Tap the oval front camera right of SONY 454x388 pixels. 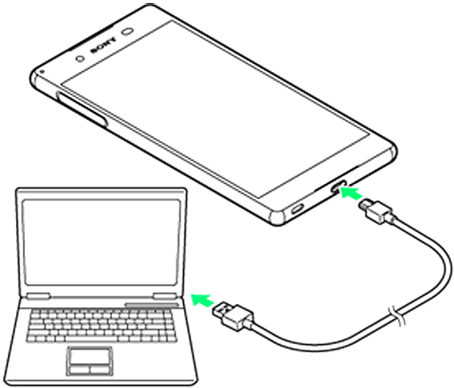click(x=127, y=34)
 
